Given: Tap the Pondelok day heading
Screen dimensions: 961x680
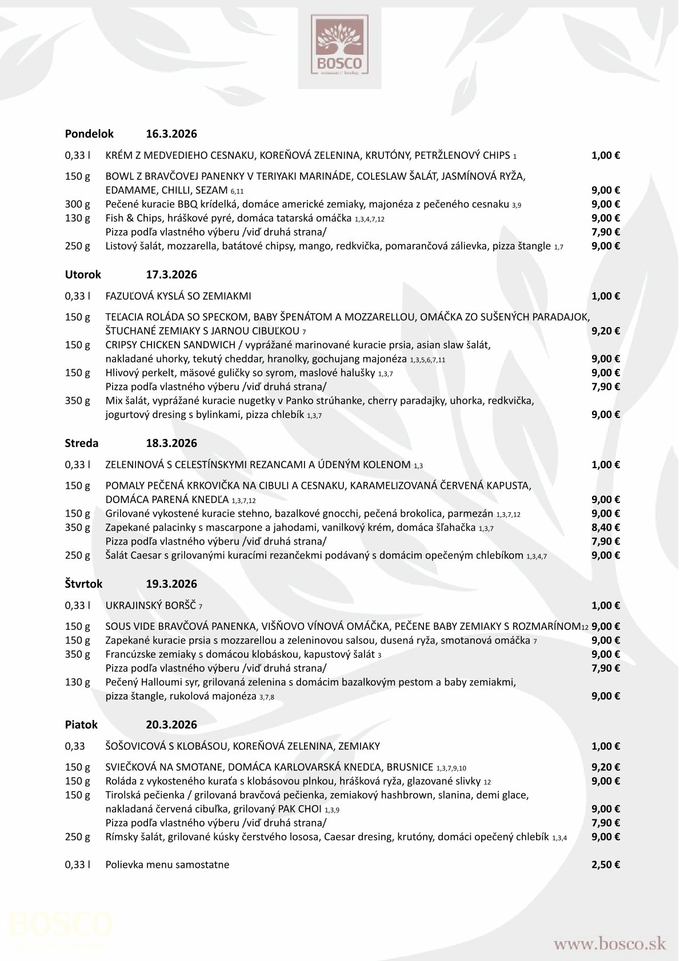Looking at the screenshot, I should point(89,134).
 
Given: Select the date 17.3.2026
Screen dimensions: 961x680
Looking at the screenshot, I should point(171,275).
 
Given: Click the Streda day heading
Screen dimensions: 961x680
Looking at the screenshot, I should point(82,443).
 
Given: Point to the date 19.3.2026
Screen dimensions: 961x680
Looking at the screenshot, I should point(171,584).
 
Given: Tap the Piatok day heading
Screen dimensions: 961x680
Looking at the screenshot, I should point(81,725).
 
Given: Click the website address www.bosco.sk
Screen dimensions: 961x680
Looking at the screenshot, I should point(609,943).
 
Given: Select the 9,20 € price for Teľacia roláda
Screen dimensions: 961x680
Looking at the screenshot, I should point(605,331).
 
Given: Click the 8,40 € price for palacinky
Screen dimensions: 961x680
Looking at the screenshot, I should point(605,528).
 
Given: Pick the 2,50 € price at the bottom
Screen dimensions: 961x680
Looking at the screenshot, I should point(605,865).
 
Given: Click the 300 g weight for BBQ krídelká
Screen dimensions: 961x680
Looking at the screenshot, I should point(78,204).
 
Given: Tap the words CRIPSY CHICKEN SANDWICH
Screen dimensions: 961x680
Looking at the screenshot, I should point(170,345).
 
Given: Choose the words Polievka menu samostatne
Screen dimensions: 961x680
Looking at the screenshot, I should point(167,865).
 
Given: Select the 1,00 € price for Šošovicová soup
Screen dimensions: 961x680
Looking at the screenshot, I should point(605,746).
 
